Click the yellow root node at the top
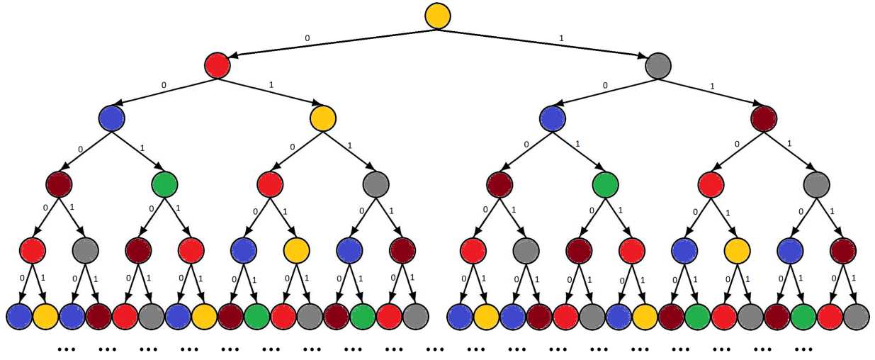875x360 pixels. tap(438, 16)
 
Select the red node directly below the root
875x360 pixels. tap(218, 65)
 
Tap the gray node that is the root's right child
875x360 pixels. tap(658, 65)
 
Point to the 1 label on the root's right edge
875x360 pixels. tap(562, 36)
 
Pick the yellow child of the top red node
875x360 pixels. tap(323, 117)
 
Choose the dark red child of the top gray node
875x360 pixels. tap(764, 117)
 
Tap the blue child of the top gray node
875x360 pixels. tap(552, 117)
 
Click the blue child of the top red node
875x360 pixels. tap(112, 117)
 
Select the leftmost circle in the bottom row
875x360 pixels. tap(18, 316)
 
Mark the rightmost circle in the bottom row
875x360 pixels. tap(856, 316)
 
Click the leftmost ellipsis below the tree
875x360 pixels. tap(66, 349)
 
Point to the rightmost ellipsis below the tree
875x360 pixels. tap(803, 349)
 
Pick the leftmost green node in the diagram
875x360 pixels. tap(164, 185)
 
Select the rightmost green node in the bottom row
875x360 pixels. tap(803, 316)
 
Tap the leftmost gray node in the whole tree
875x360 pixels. tap(85, 250)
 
